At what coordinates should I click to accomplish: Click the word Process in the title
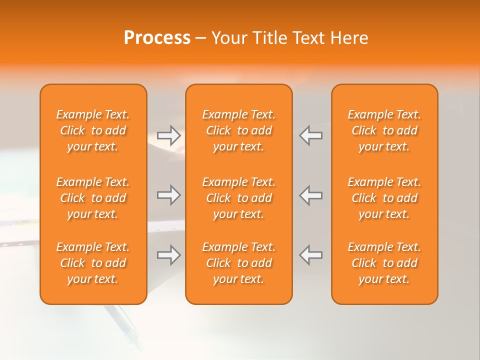157,38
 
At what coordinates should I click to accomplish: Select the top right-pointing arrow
169,135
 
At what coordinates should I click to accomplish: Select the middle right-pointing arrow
169,195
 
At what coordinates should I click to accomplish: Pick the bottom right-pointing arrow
169,255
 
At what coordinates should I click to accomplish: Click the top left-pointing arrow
310,135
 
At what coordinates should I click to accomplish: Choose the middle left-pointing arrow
310,195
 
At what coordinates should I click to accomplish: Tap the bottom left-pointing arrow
310,255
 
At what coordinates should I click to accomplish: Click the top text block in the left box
93,130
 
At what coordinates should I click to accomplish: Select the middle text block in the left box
93,198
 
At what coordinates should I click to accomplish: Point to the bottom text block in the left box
93,263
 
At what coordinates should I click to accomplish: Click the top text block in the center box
238,130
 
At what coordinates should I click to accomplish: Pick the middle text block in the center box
238,198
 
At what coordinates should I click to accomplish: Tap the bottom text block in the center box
238,263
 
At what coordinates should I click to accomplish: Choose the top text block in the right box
384,130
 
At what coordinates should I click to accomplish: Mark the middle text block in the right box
384,198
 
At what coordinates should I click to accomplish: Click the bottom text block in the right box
384,263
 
